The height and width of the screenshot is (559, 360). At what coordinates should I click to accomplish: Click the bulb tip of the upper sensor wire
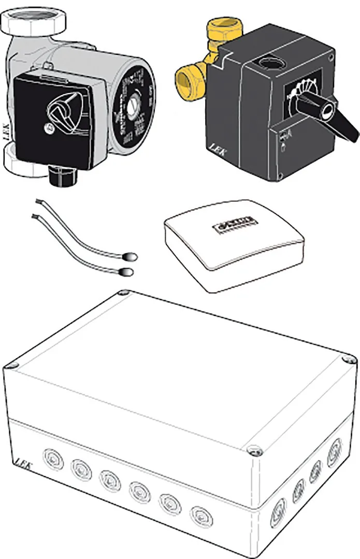click(x=131, y=255)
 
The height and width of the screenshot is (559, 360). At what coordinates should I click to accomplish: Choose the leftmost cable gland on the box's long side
click(x=53, y=460)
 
